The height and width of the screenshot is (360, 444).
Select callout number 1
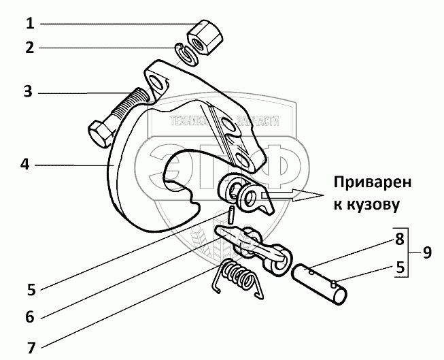click(29, 24)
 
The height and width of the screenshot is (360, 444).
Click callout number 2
click(29, 48)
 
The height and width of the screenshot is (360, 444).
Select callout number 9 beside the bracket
click(426, 252)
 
